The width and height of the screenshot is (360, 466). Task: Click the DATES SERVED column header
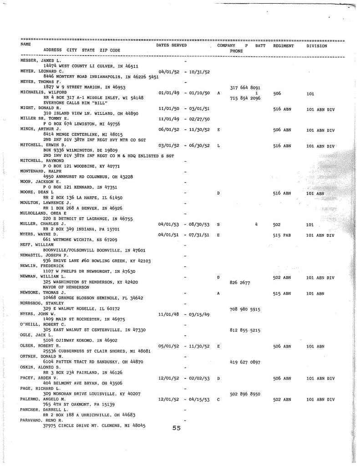pos(171,46)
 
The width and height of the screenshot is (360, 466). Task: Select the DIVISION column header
pos(317,46)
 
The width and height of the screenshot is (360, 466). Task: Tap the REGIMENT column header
pos(284,46)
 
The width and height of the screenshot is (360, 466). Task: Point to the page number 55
pos(177,428)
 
